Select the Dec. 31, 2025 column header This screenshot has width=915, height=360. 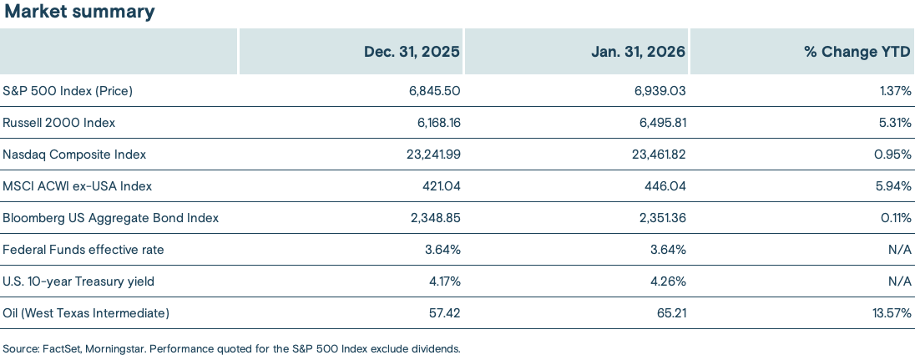412,52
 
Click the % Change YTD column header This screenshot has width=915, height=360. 857,52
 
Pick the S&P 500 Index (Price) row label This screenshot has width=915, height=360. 68,90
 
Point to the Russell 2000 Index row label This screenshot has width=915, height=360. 58,122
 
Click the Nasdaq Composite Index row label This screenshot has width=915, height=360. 74,154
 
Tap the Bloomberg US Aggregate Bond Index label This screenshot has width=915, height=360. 110,217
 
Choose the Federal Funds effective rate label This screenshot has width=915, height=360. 83,249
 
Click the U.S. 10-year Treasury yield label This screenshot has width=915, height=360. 78,281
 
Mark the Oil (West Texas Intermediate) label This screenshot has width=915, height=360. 86,312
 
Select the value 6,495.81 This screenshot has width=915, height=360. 661,122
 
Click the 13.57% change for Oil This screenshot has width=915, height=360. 888,312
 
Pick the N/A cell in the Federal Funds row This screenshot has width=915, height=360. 900,249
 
